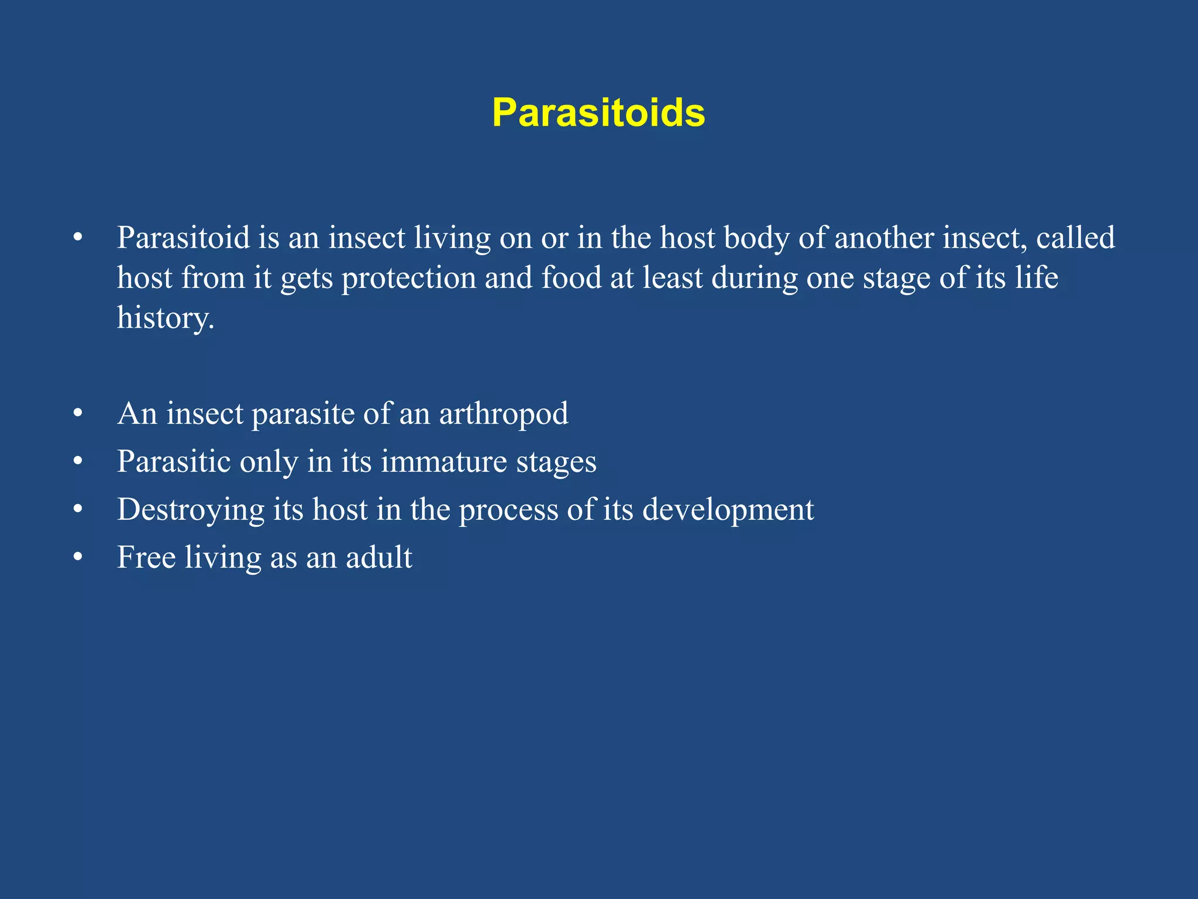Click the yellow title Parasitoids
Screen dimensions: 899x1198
pos(598,112)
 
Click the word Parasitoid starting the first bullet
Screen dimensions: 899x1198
pos(183,238)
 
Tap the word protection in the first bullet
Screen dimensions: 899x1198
pos(409,278)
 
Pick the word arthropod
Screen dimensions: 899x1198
pos(503,414)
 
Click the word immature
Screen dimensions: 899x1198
pos(444,462)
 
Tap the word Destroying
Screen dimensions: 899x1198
pos(191,510)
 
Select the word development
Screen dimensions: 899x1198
pos(728,510)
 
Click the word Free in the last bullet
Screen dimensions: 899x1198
pos(146,557)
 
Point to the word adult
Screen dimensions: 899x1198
pos(378,557)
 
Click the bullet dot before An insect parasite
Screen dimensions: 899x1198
pos(78,414)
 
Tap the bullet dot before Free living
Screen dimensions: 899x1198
pos(78,557)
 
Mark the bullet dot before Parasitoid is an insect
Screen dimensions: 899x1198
pos(78,238)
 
